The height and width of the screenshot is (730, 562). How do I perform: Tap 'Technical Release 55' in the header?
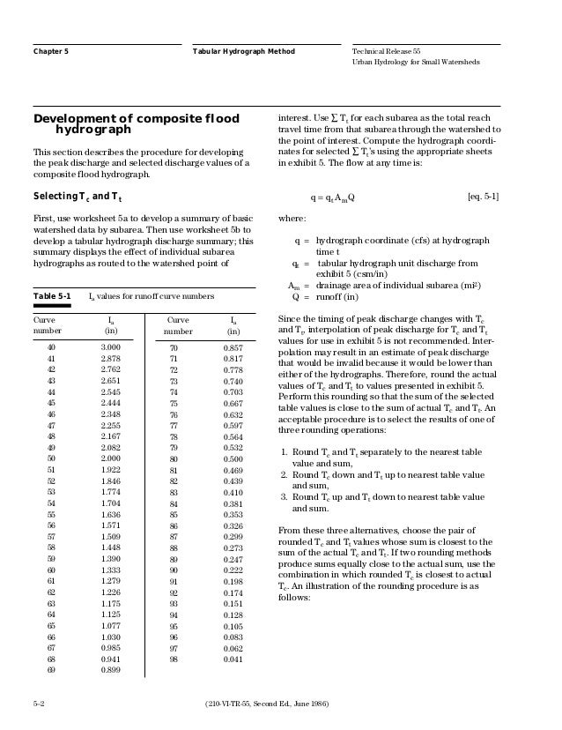tap(388, 52)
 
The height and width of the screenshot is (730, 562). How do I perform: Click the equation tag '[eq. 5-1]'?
tap(483, 196)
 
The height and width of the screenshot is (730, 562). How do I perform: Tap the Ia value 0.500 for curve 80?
tap(233, 459)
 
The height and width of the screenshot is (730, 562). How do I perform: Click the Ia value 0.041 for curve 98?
tap(233, 659)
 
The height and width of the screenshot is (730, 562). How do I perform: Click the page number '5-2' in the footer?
tap(40, 704)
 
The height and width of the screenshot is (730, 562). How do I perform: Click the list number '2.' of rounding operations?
tap(283, 473)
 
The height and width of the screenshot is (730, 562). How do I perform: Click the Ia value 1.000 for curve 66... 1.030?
tap(110, 637)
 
